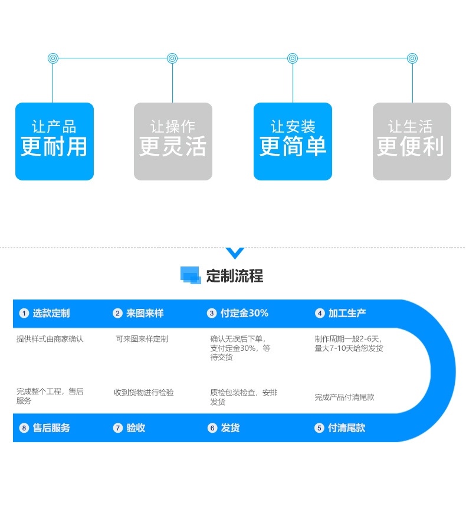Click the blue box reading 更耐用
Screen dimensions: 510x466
tap(54, 142)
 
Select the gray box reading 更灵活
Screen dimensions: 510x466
tap(173, 142)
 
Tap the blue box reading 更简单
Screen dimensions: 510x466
tap(293, 142)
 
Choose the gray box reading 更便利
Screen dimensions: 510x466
tap(412, 142)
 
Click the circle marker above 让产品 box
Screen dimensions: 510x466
tap(53, 58)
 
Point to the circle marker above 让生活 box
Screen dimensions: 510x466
tap(412, 58)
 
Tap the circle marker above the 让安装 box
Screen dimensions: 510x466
tap(293, 58)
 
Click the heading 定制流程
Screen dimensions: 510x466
tap(234, 275)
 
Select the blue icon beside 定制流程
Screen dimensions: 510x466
tap(191, 275)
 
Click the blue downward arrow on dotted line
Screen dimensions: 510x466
tap(235, 253)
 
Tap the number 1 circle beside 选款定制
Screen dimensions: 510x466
tap(24, 314)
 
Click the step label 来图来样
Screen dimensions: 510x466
tap(145, 314)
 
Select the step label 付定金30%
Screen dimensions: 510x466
tap(244, 314)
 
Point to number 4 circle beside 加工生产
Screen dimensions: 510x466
tap(320, 314)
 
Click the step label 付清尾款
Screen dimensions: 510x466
tap(346, 428)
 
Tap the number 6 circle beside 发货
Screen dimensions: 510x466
tap(212, 428)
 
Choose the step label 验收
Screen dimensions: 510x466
tap(136, 428)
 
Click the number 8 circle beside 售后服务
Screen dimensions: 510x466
tap(24, 428)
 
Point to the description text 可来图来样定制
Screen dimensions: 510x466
tap(142, 339)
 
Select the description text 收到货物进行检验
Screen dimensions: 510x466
tap(143, 393)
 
